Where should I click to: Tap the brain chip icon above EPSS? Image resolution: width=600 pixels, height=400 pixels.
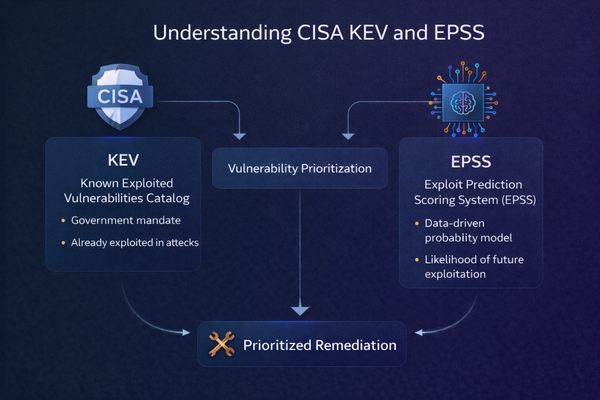click(x=463, y=102)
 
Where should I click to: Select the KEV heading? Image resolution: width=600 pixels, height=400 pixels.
click(x=123, y=160)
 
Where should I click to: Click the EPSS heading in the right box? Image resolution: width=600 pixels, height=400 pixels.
click(x=471, y=162)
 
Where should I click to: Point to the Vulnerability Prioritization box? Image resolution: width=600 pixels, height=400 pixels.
click(x=300, y=168)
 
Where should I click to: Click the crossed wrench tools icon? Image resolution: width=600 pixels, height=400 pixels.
click(x=221, y=344)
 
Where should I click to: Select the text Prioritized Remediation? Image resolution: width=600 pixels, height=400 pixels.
click(x=320, y=345)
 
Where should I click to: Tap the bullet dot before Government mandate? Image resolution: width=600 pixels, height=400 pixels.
click(x=63, y=221)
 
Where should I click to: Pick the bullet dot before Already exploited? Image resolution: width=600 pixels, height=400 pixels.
click(x=63, y=243)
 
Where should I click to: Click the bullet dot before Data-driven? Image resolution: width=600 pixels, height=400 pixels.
click(x=417, y=223)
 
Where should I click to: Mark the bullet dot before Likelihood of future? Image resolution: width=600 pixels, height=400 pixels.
click(x=417, y=260)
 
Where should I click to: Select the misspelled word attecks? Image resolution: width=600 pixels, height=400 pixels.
click(x=182, y=243)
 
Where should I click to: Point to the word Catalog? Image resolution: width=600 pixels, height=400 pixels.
click(x=168, y=198)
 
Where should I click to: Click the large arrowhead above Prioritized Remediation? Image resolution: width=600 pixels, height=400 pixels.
click(x=300, y=311)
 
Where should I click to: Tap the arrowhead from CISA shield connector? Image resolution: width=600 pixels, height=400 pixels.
click(x=239, y=136)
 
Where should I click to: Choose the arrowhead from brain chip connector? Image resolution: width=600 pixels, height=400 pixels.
click(x=348, y=136)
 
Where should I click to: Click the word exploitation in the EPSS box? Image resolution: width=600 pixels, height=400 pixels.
click(x=455, y=274)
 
